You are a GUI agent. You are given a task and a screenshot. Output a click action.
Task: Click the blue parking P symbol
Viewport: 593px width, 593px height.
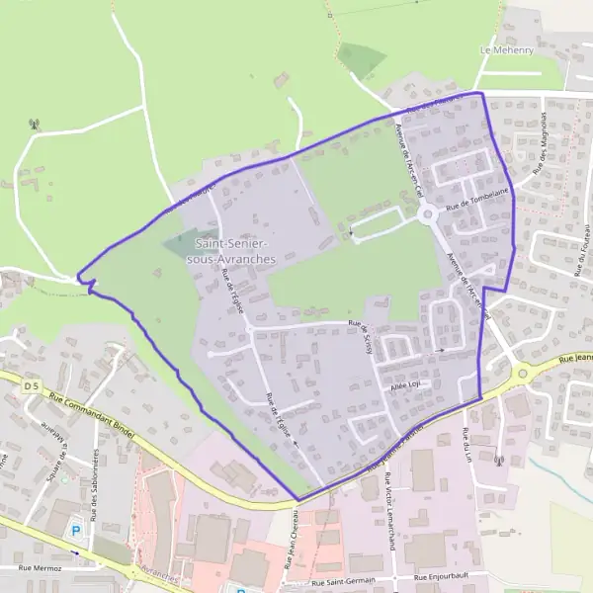75,531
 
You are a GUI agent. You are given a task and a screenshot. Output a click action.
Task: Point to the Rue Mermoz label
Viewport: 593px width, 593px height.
40,569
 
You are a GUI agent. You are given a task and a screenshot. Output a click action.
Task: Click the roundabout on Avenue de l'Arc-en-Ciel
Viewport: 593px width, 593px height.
427,214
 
